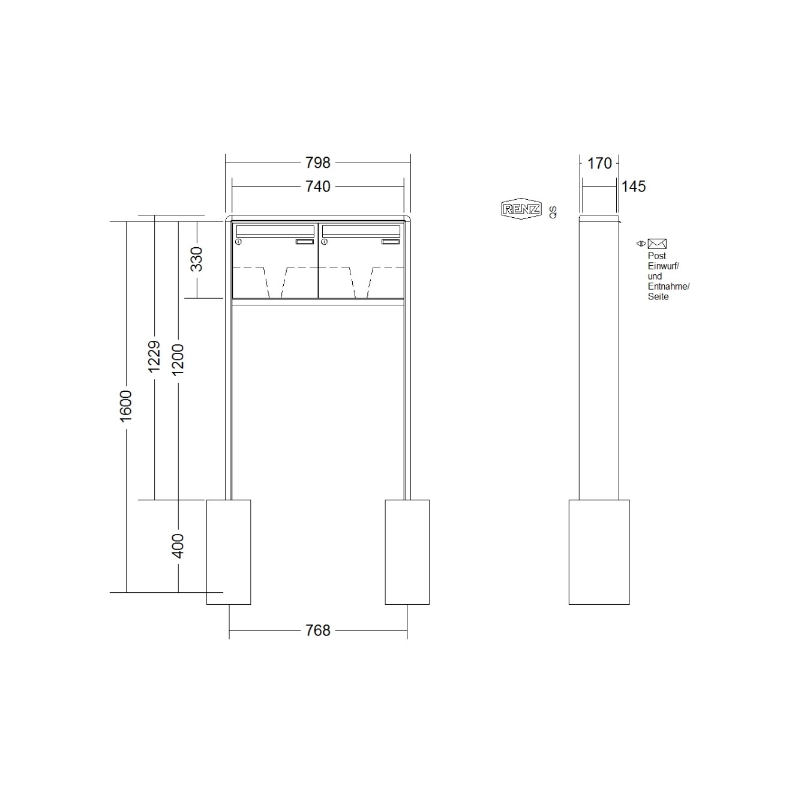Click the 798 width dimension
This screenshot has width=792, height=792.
coord(317,163)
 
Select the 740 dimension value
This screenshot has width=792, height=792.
coord(317,187)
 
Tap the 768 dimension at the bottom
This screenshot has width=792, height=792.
coord(317,630)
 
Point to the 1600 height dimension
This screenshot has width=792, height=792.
coord(126,406)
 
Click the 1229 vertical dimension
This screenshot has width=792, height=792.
coord(154,356)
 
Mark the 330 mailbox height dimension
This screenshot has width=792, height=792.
coord(197,259)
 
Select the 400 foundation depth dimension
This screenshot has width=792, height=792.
coord(178,545)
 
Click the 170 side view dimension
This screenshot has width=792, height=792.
coord(599,163)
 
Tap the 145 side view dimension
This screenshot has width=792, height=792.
coord(633,187)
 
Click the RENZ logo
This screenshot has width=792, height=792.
coord(521,209)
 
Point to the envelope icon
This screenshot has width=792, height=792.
coord(657,244)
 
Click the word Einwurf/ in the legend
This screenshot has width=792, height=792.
coord(663,266)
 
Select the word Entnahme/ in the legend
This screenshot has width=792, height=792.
coord(668,286)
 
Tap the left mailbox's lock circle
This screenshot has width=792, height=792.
coord(238,242)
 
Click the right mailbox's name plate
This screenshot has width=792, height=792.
coord(391,242)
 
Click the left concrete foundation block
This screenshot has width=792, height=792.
coord(229,551)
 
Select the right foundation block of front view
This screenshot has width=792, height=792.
coord(407,551)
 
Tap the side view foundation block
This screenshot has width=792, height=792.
coord(599,551)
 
